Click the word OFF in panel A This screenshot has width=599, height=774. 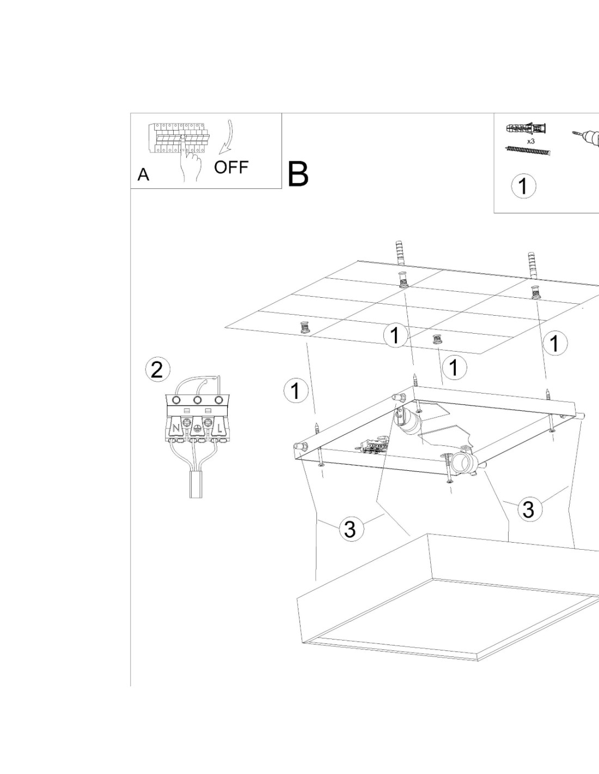click(231, 167)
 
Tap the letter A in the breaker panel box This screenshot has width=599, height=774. click(143, 175)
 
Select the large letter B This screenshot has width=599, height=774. click(298, 174)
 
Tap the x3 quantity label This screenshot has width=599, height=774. click(530, 141)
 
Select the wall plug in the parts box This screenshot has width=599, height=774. click(527, 129)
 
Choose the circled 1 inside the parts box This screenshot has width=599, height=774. click(523, 186)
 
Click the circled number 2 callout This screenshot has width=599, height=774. click(157, 370)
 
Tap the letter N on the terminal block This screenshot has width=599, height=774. click(176, 428)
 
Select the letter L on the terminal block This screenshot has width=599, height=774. click(219, 428)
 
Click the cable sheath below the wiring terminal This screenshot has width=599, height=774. click(196, 485)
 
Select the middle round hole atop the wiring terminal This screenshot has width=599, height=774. click(197, 401)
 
